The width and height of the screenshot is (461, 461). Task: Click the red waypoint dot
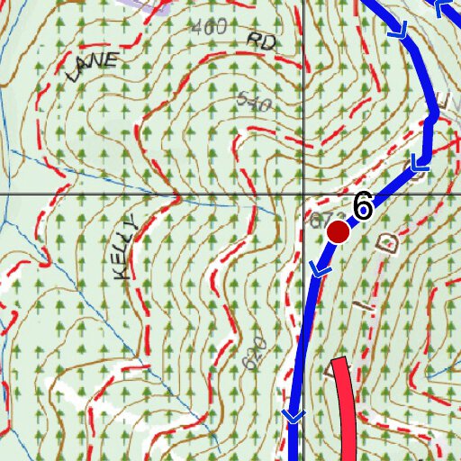coord(338,231)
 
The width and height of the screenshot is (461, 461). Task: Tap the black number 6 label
coord(363,206)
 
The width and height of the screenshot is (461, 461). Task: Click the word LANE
coord(93,67)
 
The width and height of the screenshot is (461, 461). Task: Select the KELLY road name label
coord(128,249)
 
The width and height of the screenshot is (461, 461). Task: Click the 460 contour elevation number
coord(209,28)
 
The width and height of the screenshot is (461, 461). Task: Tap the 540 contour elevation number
coord(255,103)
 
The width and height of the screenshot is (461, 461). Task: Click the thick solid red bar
coord(347,410)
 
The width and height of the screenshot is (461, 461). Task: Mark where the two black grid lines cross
coord(303,194)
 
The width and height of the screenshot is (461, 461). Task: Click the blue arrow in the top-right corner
coord(446,9)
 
